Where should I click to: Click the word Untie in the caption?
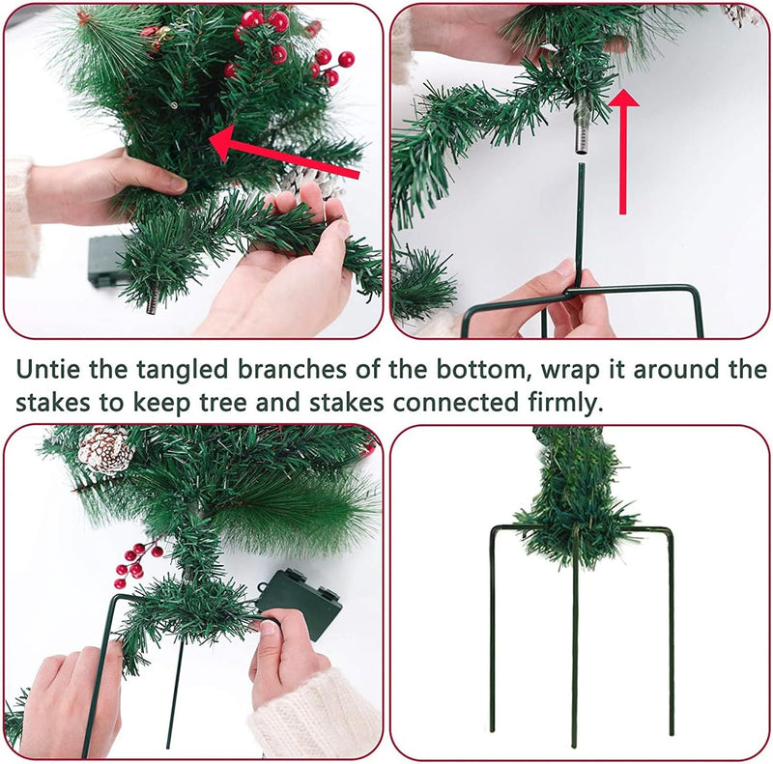44,370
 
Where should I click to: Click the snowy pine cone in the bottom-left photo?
104,449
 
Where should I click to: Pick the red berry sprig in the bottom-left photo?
135,563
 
